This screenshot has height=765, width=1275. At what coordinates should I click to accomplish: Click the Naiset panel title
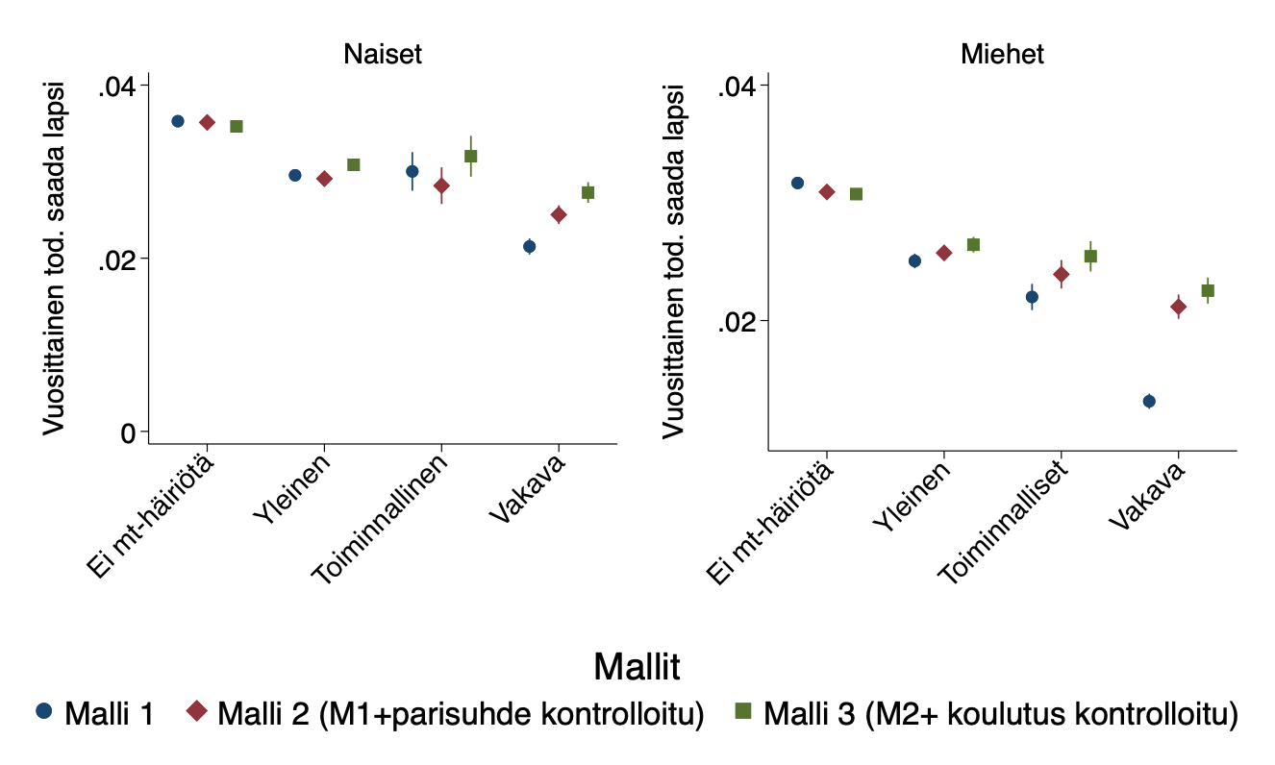tap(383, 55)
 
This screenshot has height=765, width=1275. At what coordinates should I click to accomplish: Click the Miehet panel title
tap(1002, 55)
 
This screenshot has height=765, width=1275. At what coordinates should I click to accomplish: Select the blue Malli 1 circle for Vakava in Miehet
tap(1149, 401)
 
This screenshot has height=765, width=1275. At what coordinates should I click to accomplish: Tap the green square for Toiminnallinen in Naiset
tap(471, 156)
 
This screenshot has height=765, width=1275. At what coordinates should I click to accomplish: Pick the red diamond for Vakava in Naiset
tap(559, 214)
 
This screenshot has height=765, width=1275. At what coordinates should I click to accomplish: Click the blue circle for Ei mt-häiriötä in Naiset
tap(178, 121)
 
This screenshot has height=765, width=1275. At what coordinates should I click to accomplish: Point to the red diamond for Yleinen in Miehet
tap(944, 253)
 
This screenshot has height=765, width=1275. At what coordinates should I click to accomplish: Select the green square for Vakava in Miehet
tap(1208, 290)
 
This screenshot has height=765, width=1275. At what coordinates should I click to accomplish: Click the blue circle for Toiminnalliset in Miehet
tap(1032, 297)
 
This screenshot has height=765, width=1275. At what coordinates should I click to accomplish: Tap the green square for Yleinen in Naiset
tap(354, 165)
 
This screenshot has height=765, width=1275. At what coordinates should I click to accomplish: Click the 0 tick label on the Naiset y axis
tap(127, 433)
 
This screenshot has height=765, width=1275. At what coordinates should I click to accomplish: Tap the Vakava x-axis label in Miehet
tap(1147, 496)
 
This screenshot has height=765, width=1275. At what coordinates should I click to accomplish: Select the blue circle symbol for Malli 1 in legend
tap(43, 712)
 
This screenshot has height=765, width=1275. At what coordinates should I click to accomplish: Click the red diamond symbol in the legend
tap(197, 712)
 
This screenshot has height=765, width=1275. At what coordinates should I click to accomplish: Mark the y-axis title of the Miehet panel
tap(674, 259)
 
